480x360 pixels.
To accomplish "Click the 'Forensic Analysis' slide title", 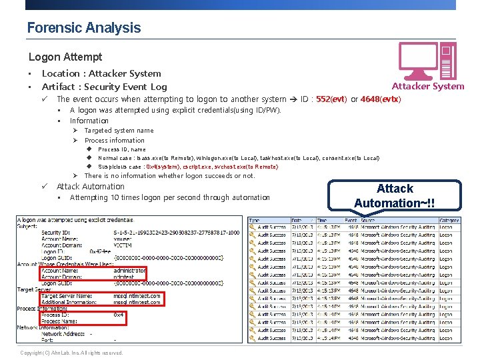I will (x=84, y=28).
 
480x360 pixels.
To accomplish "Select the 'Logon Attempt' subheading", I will (x=65, y=57).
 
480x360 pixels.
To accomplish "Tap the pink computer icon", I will (x=427, y=60).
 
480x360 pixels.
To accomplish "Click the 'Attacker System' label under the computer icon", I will (x=427, y=86).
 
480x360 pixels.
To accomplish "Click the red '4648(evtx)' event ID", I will (x=380, y=99).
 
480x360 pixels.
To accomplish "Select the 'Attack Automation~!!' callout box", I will (x=395, y=195).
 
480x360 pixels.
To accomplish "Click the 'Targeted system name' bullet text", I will (x=119, y=131).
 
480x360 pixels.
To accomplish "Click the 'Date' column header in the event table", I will (x=297, y=219).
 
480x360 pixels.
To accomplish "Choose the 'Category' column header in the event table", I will (x=449, y=219).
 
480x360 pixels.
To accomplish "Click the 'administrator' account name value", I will (x=129, y=271).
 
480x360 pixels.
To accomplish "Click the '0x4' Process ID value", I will (x=118, y=315).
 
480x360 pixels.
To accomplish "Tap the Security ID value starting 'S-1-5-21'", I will (x=176, y=232).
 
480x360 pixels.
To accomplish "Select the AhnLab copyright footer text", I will (x=71, y=353).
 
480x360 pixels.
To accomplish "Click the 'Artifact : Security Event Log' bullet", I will (x=104, y=87).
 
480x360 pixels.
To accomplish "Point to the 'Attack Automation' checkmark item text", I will (x=91, y=187).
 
